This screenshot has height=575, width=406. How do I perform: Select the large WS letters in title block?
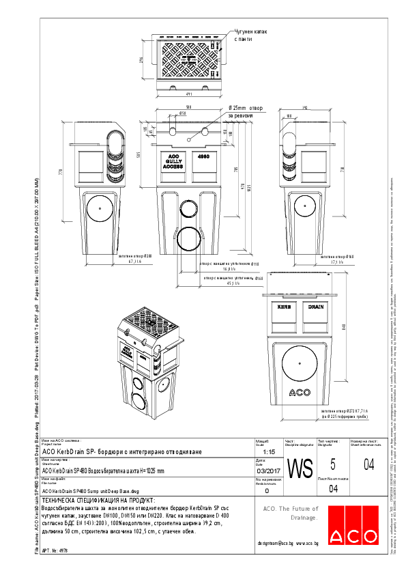coord(300,469)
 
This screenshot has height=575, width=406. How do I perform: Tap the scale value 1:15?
coord(267,452)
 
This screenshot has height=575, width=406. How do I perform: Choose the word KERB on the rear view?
coord(284,307)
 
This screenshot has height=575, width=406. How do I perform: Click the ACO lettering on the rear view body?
coord(301,392)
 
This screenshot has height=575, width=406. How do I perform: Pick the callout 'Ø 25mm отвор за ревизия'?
coord(245,112)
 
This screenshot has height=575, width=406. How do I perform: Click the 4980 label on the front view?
coord(203,156)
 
